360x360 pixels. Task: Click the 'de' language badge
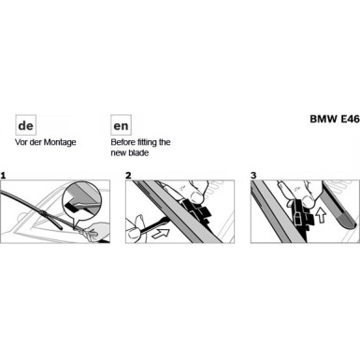click(x=26, y=124)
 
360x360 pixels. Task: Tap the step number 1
click(x=4, y=175)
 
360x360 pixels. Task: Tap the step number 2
click(x=128, y=175)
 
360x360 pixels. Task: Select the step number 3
click(x=253, y=175)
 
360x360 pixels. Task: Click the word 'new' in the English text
click(x=122, y=152)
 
